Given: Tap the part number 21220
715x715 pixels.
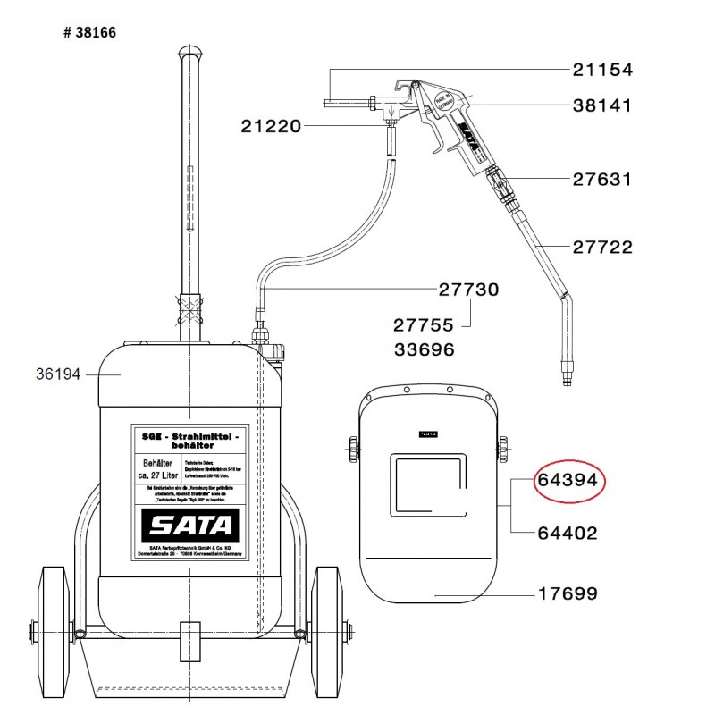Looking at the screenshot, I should pyautogui.click(x=270, y=127).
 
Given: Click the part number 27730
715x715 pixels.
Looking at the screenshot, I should pyautogui.click(x=468, y=290).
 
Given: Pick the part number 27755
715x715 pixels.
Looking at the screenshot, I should pyautogui.click(x=424, y=325).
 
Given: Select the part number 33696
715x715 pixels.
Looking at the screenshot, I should pyautogui.click(x=424, y=349).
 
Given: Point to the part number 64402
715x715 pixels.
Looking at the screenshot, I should pyautogui.click(x=568, y=533).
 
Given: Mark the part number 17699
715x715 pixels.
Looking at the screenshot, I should pyautogui.click(x=568, y=593).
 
